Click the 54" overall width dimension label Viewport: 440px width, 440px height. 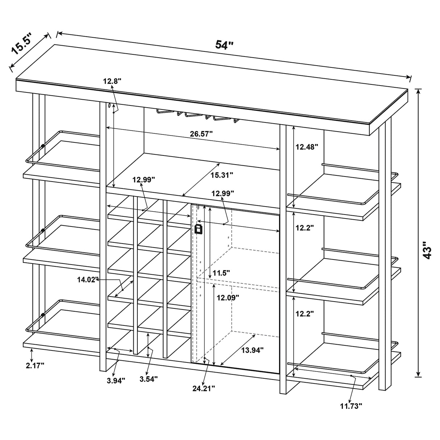[x=224, y=45]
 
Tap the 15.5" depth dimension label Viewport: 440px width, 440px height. [x=22, y=43]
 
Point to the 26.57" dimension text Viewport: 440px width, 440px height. [x=201, y=133]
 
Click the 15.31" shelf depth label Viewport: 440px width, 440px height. [x=221, y=175]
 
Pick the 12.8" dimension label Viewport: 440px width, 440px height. [x=112, y=81]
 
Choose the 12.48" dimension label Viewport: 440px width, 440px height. [x=307, y=147]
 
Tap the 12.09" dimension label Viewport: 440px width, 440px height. [x=228, y=298]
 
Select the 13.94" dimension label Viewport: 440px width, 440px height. [x=252, y=350]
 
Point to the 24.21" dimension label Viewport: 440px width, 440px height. [x=203, y=388]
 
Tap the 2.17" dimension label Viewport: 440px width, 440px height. [x=35, y=365]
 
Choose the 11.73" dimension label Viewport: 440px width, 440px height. [x=351, y=406]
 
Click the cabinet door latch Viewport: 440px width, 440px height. [x=198, y=229]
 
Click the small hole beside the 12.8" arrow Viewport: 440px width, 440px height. [x=108, y=106]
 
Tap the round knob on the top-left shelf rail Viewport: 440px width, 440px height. [x=43, y=146]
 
